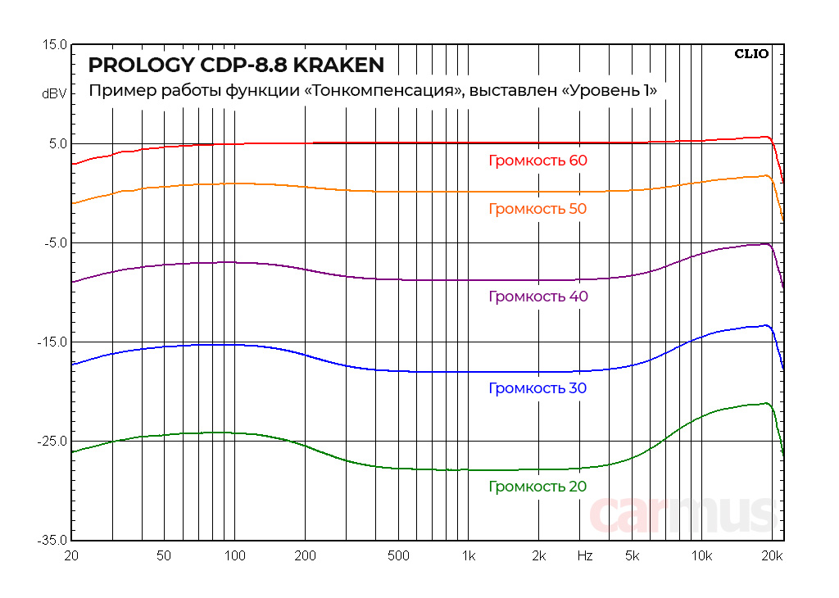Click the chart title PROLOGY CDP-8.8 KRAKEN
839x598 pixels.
tap(236, 65)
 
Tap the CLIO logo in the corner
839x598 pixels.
tap(751, 54)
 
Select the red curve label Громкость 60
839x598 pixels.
tap(537, 161)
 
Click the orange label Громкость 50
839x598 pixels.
tap(537, 209)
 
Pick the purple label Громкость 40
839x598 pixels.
tap(537, 297)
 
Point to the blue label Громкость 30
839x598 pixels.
tap(537, 388)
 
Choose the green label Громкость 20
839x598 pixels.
tap(537, 487)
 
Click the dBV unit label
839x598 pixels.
tap(54, 93)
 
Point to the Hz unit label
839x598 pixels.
tap(585, 556)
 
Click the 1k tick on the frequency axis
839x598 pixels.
tap(468, 556)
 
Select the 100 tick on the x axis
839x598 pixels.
tap(234, 556)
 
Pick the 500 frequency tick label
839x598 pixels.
tap(397, 556)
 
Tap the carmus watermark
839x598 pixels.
tap(683, 514)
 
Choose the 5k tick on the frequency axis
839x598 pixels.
tap(632, 556)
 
